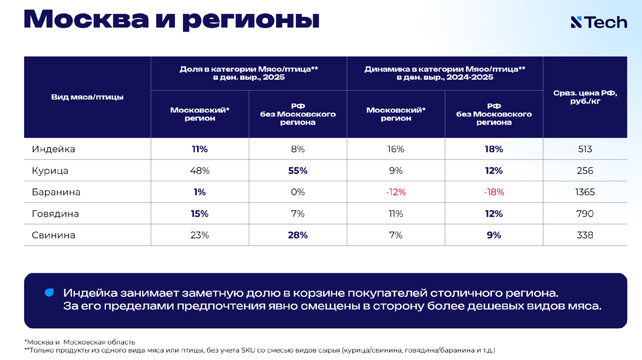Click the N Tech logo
click(599, 22)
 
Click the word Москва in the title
click(86, 19)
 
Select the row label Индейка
click(53, 149)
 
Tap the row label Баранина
click(56, 192)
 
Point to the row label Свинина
click(53, 235)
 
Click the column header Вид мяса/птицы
click(87, 97)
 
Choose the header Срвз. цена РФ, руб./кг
click(585, 97)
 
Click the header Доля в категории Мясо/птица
click(249, 73)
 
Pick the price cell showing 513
click(585, 149)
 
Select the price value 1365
click(585, 192)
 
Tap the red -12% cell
click(396, 192)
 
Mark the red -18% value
click(494, 192)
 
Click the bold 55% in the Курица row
click(298, 171)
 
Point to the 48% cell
click(200, 171)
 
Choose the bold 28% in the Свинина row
click(298, 235)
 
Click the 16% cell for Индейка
click(396, 149)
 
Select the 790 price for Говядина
click(585, 214)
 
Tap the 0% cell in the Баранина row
click(298, 192)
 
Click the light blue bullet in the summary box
click(49, 293)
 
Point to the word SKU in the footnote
click(248, 350)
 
